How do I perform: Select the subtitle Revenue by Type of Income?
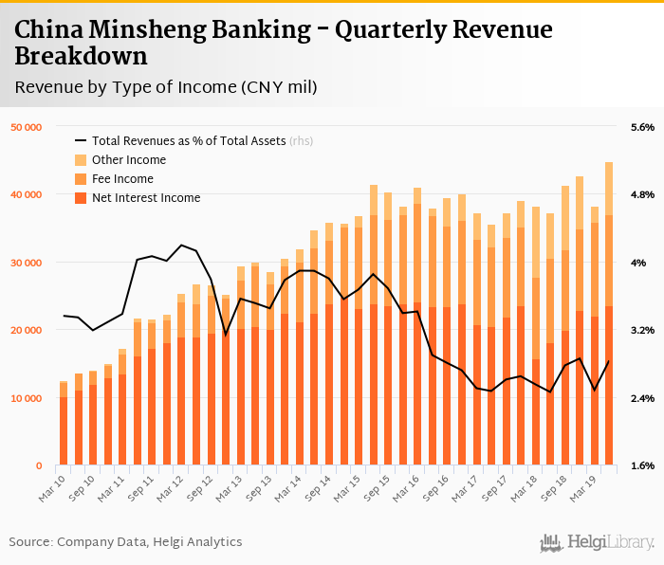165,87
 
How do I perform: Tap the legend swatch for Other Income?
81,159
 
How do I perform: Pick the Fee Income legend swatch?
81,178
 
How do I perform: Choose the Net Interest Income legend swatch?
81,197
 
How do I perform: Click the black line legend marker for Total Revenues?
81,140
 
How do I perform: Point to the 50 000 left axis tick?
26,127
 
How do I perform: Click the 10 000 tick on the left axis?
26,398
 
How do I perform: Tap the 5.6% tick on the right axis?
642,127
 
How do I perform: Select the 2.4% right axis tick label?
642,398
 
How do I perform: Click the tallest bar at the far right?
609,313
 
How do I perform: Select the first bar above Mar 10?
64,424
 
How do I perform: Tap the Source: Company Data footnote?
125,541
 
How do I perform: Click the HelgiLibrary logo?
597,542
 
